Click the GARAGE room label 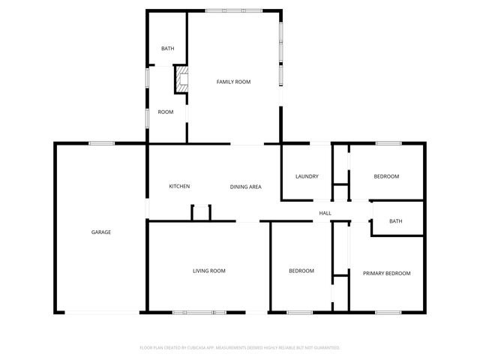(101, 232)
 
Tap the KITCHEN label (179, 187)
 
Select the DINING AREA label (245, 187)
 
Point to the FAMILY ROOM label (233, 81)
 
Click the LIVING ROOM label (209, 271)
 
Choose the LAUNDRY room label (307, 177)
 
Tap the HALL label (325, 214)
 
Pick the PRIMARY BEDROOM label (387, 274)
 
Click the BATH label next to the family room (168, 49)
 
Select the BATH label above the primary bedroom (396, 221)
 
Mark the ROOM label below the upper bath (166, 112)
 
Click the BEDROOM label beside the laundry (387, 177)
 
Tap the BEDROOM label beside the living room (301, 271)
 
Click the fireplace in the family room (181, 80)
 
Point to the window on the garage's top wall (101, 143)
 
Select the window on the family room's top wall (233, 10)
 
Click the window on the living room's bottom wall (199, 312)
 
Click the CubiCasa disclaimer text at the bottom (240, 348)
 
